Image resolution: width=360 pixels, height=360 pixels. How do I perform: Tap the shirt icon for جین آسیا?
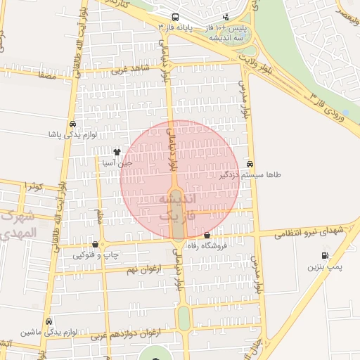[x=117, y=151]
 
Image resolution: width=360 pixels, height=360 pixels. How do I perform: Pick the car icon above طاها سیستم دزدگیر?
[x=250, y=163]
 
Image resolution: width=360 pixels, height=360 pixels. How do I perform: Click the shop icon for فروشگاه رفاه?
[x=207, y=236]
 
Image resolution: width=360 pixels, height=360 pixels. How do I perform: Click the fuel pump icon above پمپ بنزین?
[x=324, y=256]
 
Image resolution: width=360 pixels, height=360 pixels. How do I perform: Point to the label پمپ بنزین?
[x=324, y=267]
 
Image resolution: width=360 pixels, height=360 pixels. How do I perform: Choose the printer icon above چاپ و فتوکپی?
[x=96, y=244]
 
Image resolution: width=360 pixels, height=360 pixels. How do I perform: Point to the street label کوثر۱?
[x=33, y=186]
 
